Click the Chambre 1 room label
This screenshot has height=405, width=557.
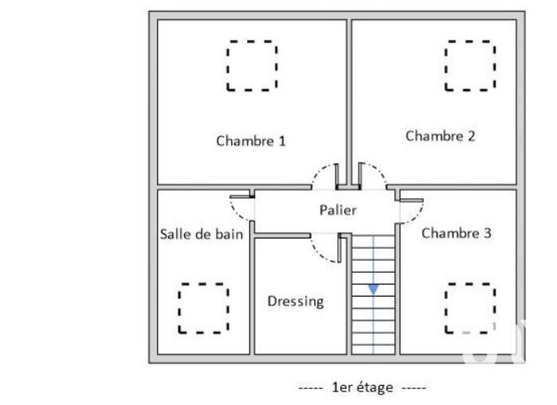(251, 141)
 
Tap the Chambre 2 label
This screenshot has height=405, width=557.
(440, 136)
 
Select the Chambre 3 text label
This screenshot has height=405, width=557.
(456, 234)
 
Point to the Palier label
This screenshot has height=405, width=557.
(338, 210)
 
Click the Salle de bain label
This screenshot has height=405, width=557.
(202, 234)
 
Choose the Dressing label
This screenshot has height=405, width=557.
(296, 301)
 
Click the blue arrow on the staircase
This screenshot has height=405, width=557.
(373, 289)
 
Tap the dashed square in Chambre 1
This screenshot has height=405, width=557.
(252, 65)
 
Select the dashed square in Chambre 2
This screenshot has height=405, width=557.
(469, 65)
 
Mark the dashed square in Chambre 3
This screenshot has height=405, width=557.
(469, 307)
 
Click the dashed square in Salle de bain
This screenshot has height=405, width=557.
(203, 308)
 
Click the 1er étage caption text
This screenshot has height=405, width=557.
(363, 387)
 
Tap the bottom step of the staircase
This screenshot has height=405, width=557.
(374, 348)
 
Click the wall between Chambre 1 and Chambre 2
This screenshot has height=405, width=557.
(349, 96)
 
